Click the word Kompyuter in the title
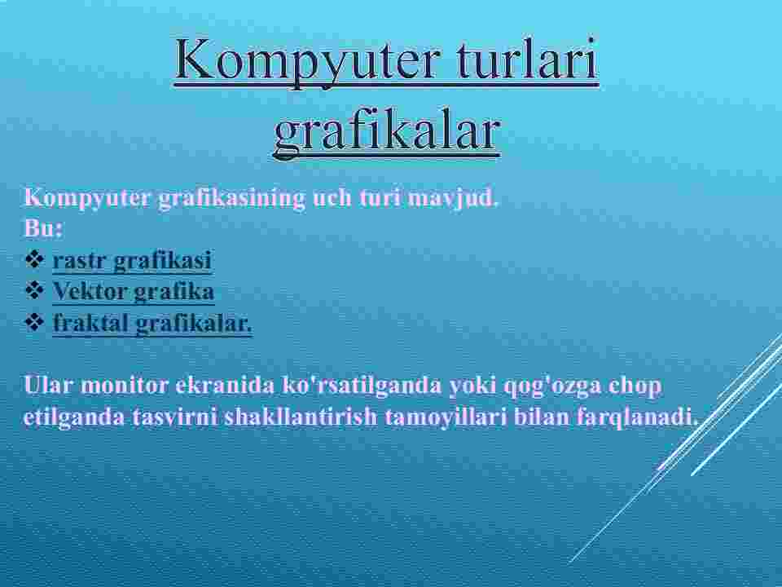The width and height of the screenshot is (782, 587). point(307,60)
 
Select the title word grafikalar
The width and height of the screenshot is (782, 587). point(387,132)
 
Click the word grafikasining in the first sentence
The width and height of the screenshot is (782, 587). point(231,199)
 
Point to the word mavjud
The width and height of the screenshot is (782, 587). point(453,199)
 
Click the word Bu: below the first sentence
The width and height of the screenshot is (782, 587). point(43,228)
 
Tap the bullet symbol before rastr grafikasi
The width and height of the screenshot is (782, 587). point(34,259)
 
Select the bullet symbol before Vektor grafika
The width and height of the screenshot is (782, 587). point(34,290)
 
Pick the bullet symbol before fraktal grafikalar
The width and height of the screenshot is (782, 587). point(34,322)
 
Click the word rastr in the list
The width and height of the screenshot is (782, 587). point(80,260)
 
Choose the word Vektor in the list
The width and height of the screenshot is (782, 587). point(90,291)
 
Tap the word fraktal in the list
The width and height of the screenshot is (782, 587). point(90,323)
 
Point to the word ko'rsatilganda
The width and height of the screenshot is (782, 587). point(362,386)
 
